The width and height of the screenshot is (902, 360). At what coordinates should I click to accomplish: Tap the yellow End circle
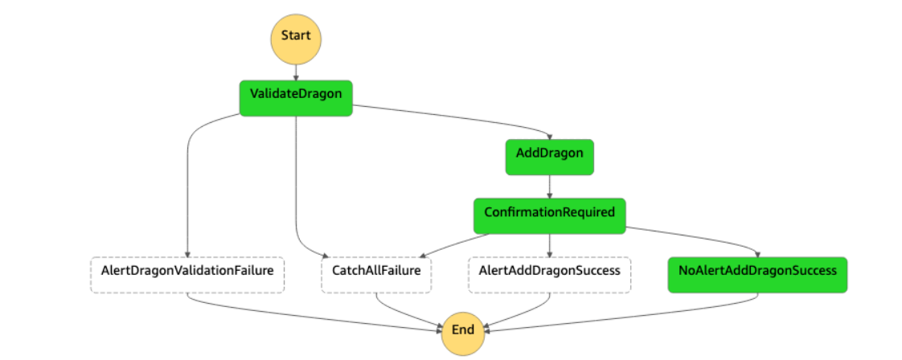tap(463, 329)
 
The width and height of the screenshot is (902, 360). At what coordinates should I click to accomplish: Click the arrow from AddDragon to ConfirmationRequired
tap(549, 186)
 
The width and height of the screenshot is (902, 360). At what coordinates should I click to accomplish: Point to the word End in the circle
tap(463, 329)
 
